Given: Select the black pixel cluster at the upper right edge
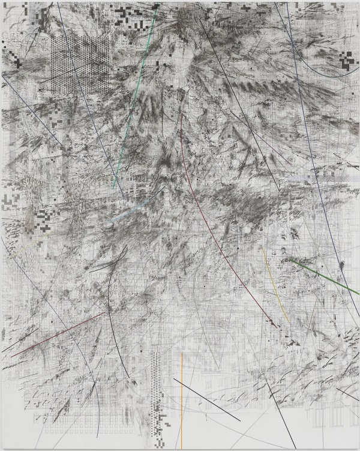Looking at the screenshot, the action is pyautogui.click(x=346, y=58).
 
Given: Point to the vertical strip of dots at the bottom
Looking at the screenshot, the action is pyautogui.click(x=157, y=384).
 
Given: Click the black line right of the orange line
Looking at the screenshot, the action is pyautogui.click(x=207, y=400).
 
